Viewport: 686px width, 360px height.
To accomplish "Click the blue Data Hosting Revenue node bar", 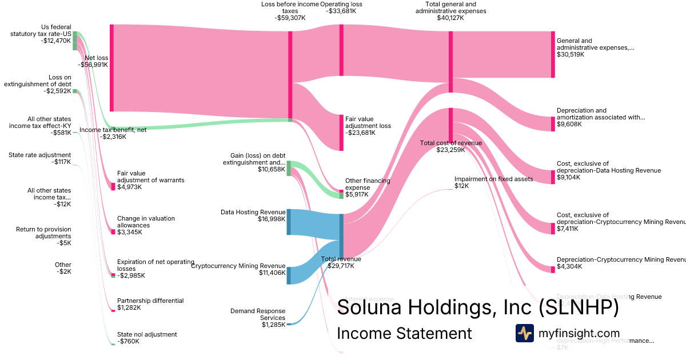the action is (x=289, y=222).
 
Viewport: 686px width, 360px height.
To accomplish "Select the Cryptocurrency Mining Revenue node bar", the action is (x=289, y=275).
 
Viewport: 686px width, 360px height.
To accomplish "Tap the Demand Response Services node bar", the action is (x=289, y=324).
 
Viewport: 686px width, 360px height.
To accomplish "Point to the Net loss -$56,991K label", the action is (x=96, y=61).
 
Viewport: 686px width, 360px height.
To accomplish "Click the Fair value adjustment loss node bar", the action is (x=341, y=133).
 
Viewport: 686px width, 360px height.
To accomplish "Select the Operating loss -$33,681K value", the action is (x=345, y=10).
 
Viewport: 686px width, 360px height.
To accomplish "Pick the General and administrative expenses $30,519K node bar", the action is (x=553, y=54).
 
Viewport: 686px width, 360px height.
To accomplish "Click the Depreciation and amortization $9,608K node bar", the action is (x=553, y=124).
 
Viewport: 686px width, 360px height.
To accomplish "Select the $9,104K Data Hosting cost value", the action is (x=568, y=177).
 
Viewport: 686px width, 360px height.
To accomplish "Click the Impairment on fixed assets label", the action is (x=493, y=179).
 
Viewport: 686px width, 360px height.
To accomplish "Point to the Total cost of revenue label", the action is (x=450, y=143).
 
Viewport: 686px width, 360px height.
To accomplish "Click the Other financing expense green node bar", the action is (x=341, y=195).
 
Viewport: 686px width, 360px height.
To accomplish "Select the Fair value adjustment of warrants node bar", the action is (x=113, y=186).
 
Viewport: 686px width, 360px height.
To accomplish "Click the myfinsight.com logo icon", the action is (x=524, y=333).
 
